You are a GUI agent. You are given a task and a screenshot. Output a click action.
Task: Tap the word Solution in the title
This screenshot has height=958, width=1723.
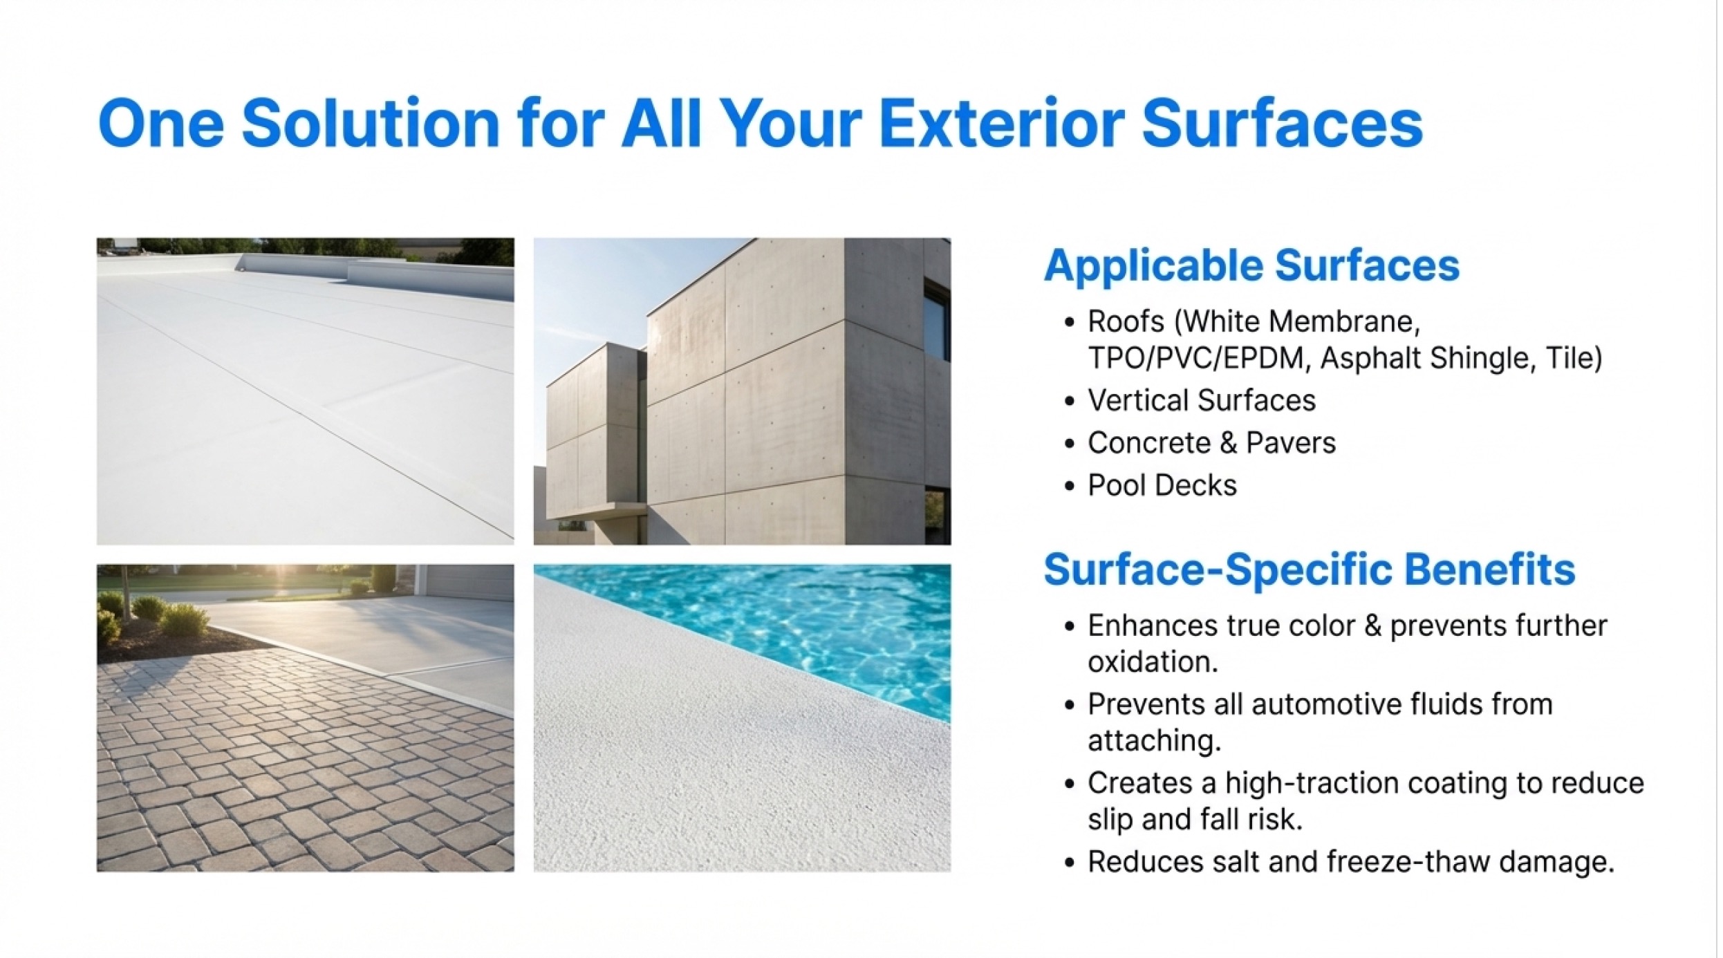(371, 124)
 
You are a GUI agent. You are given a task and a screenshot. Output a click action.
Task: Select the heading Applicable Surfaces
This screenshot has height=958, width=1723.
(1251, 265)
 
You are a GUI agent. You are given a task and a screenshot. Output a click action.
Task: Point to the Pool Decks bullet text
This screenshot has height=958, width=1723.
(1162, 485)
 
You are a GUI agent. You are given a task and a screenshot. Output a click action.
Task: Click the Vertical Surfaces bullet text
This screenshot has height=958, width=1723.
(1202, 400)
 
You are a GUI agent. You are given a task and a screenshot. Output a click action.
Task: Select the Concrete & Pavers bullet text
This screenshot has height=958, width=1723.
(1211, 443)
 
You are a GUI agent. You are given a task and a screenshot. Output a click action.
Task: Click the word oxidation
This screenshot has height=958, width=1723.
(1153, 662)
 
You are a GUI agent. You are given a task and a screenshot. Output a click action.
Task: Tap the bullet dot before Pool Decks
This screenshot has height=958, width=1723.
(1070, 487)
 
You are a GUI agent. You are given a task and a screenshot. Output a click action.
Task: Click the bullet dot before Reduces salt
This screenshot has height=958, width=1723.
(1070, 863)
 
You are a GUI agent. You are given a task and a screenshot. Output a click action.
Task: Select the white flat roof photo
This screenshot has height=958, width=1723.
(305, 391)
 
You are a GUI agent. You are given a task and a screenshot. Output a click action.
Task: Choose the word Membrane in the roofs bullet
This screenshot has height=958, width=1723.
(1345, 321)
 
